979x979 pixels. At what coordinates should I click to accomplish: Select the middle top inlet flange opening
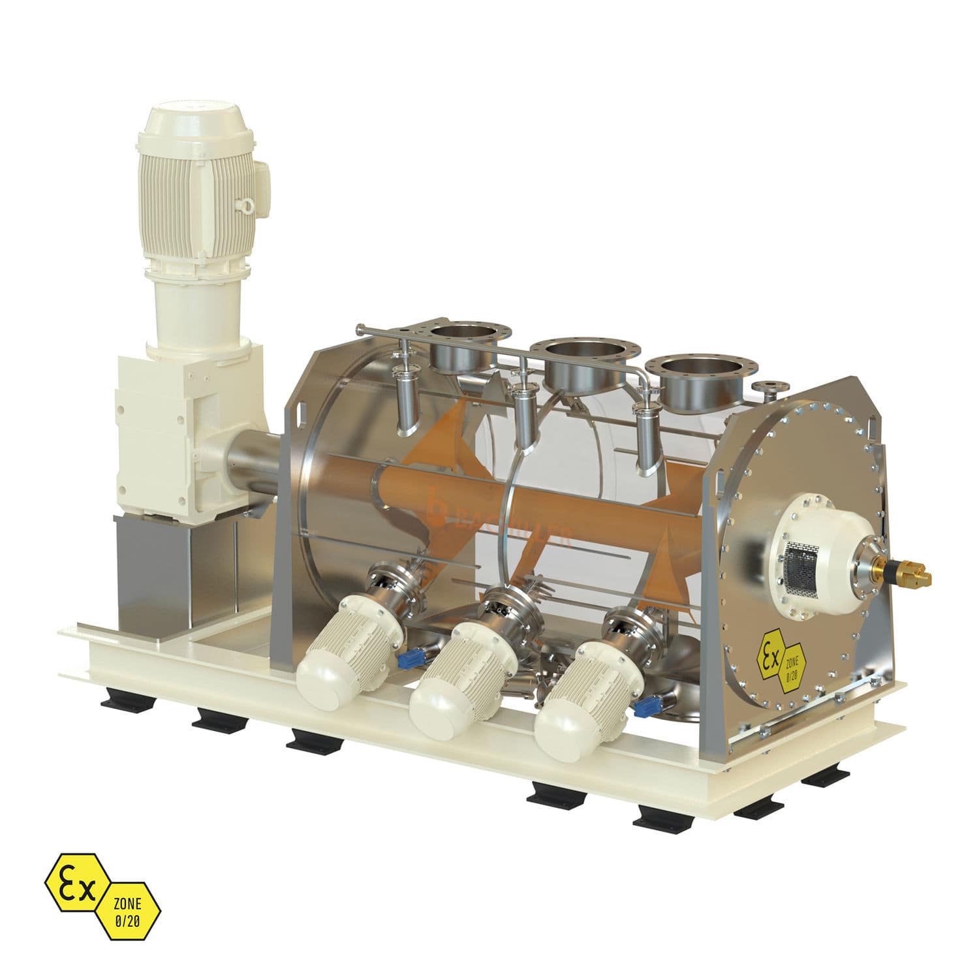pos(578,352)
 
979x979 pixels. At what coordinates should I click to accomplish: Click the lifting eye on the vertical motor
pos(247,206)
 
